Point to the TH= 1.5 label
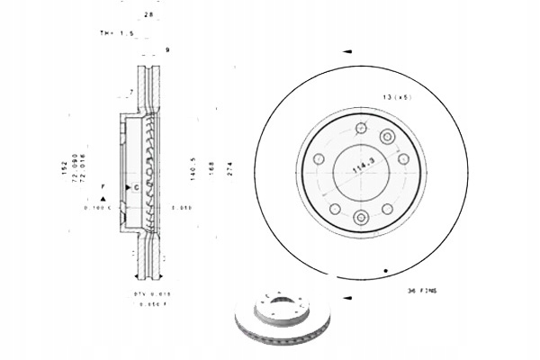point(117,33)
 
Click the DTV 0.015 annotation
point(127,293)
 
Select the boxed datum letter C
point(135,187)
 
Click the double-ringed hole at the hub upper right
point(388,137)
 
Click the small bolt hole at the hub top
point(360,126)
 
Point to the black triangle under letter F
point(104,197)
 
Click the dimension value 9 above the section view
point(167,49)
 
